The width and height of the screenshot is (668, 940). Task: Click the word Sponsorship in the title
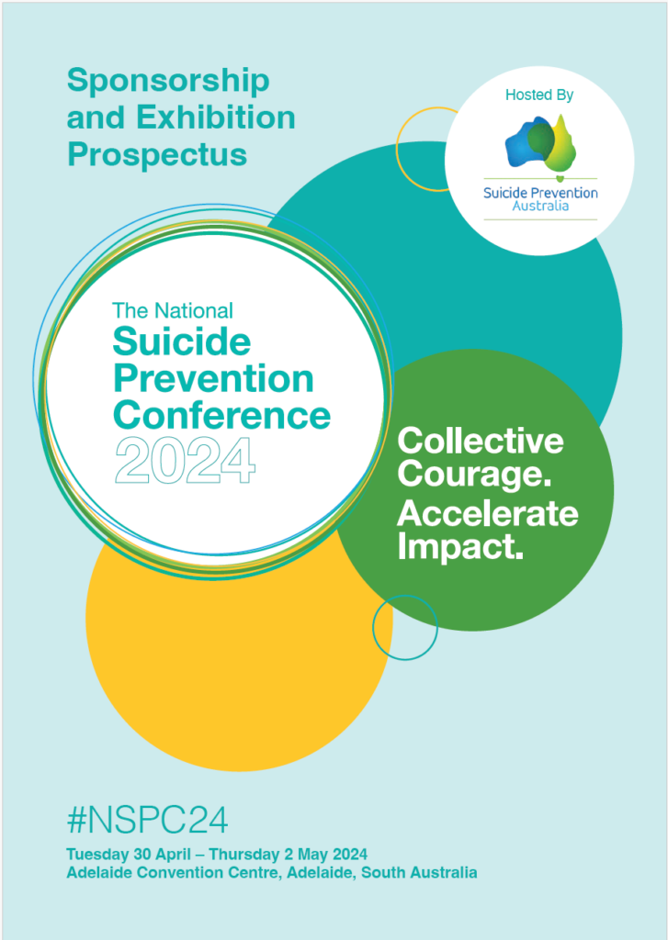pos(168,81)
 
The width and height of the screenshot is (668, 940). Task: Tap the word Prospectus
pos(157,154)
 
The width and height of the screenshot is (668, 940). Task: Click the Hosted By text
pos(539,95)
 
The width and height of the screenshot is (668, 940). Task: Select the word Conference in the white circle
pos(221,416)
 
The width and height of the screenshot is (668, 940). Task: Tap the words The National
pos(172,310)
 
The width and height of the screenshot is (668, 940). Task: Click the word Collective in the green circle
pos(480,442)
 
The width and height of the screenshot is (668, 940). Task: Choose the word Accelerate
pos(487,513)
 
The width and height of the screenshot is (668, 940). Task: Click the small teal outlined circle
pos(405,627)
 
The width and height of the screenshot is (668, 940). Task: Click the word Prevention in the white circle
pos(212,379)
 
